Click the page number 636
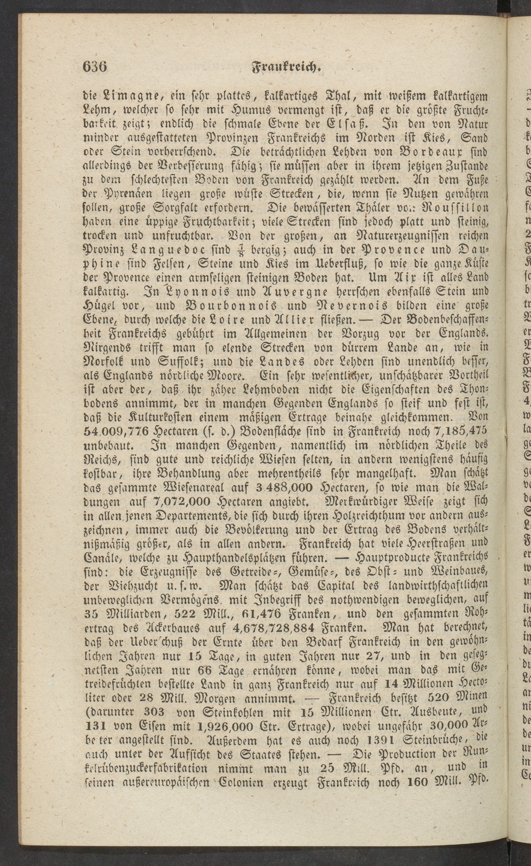point(95,66)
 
